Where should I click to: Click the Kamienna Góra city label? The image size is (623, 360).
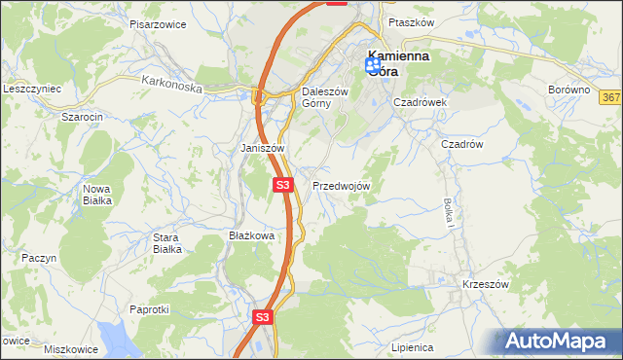(400, 63)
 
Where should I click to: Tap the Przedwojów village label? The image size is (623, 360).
(341, 185)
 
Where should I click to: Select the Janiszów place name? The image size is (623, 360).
(262, 148)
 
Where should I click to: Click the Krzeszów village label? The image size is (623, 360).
(486, 284)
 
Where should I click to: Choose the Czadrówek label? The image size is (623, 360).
(420, 101)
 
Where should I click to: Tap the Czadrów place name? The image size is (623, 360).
(462, 143)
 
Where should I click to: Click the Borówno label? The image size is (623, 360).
(569, 90)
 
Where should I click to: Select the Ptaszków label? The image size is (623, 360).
(409, 21)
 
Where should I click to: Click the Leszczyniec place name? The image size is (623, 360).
(32, 89)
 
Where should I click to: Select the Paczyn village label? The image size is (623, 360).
(40, 258)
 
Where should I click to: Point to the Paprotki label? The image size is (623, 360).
(149, 309)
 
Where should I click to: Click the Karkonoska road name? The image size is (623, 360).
(170, 86)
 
